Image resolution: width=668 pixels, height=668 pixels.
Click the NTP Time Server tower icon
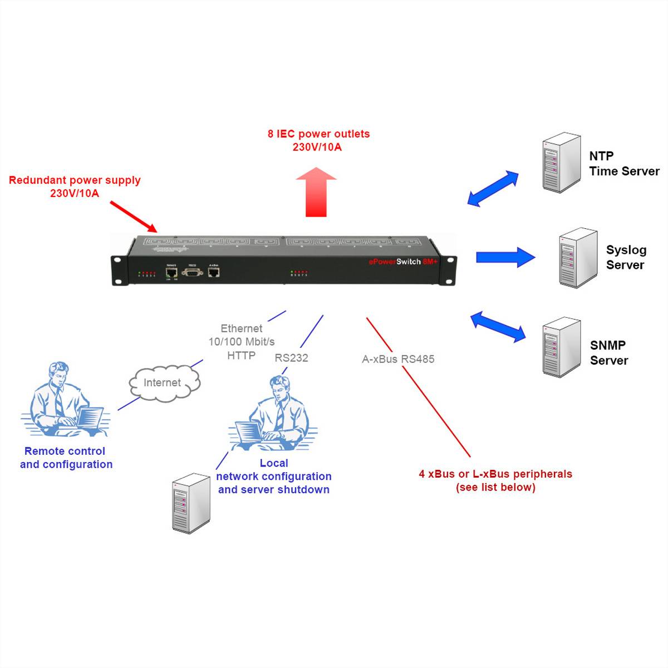pyautogui.click(x=561, y=163)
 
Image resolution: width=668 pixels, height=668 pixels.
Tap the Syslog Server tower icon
pyautogui.click(x=578, y=258)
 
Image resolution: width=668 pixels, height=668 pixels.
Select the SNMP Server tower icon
pyautogui.click(x=561, y=347)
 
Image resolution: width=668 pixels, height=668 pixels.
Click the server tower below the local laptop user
pyautogui.click(x=191, y=503)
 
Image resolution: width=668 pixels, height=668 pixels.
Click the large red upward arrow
pyautogui.click(x=316, y=192)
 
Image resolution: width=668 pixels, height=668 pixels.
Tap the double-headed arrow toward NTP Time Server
pyautogui.click(x=493, y=189)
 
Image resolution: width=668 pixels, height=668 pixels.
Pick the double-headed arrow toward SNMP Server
pyautogui.click(x=498, y=327)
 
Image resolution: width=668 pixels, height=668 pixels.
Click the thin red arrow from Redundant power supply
pyautogui.click(x=134, y=216)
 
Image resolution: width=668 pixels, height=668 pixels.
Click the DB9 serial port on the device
pyautogui.click(x=192, y=272)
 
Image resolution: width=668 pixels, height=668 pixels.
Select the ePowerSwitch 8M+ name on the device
pyautogui.click(x=403, y=262)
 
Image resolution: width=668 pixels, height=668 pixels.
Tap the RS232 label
pyautogui.click(x=291, y=358)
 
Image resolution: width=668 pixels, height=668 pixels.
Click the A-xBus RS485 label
pyautogui.click(x=398, y=359)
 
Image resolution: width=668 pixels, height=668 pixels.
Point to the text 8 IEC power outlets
pyautogui.click(x=318, y=134)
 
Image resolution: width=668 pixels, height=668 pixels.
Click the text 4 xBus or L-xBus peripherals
pyautogui.click(x=495, y=474)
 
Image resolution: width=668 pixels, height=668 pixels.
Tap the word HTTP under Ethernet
pyautogui.click(x=241, y=355)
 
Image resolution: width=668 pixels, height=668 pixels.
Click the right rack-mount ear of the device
pyautogui.click(x=448, y=270)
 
